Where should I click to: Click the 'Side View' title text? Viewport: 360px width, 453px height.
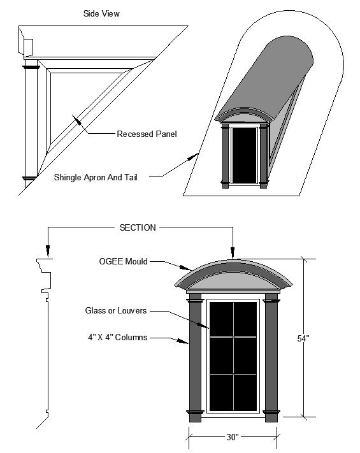pos(101,13)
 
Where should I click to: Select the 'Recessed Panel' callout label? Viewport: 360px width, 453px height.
pos(147,134)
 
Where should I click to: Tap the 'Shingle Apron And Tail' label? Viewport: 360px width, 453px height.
pos(96,177)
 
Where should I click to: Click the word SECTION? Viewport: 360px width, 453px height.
pos(138,227)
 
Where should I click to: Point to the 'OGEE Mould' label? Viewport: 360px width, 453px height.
pos(124,261)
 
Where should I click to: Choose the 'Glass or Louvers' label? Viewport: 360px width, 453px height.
pos(116,310)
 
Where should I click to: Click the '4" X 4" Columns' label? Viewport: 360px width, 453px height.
pos(118,337)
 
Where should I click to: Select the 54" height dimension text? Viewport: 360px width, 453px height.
pos(303,338)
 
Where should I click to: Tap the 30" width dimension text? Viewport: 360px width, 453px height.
pos(233,437)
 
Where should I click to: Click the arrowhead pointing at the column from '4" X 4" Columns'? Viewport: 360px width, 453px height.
pos(183,342)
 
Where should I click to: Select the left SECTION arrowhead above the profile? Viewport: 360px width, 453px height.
pos(48,251)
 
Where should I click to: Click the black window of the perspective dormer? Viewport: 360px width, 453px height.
pos(245,155)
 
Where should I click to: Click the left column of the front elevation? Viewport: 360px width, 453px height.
pos(195,357)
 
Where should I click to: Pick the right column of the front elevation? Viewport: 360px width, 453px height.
pos(271,357)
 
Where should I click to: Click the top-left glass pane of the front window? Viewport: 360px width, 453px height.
pos(221,319)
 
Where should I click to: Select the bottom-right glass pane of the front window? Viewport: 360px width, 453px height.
pos(245,392)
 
